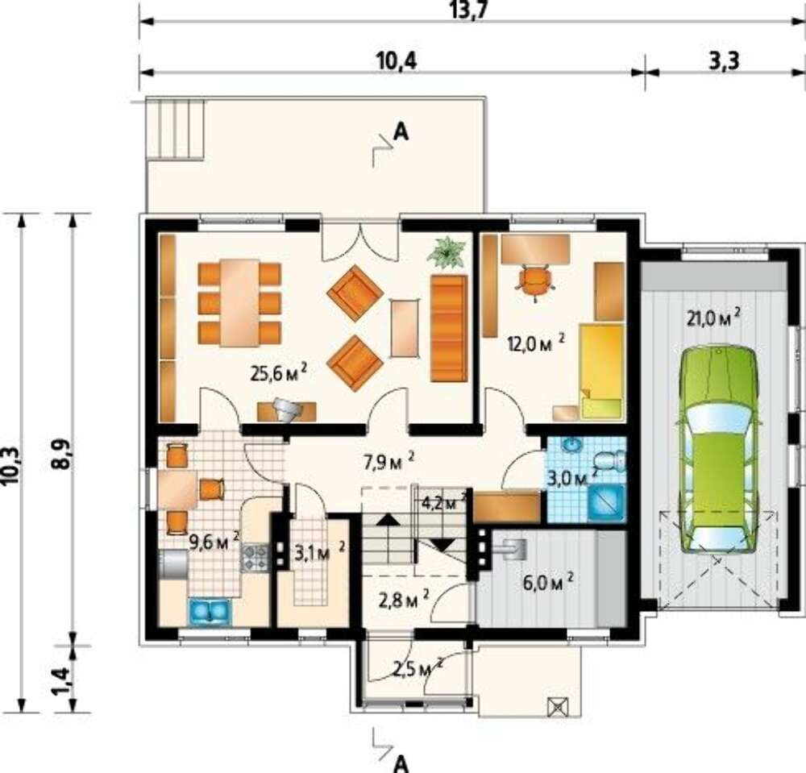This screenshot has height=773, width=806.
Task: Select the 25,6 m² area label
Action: pos(279,372)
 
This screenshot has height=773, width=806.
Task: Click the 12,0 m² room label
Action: pos(537,343)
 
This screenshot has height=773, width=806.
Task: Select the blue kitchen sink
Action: pos(210,612)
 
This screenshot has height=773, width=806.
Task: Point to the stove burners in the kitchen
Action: pos(254,558)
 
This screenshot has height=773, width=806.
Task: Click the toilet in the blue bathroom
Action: pos(611,460)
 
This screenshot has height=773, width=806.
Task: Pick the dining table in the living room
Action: pos(239,303)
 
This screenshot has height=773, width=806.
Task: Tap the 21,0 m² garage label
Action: pos(713,317)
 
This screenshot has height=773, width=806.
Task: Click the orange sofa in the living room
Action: pos(449,328)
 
